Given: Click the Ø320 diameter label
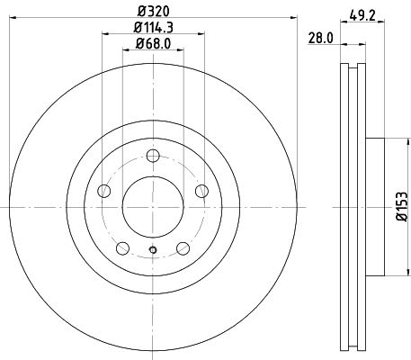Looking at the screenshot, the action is point(154,12).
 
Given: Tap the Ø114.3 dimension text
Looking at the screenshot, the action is point(154,28).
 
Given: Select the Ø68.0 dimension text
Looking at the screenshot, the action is point(153,44).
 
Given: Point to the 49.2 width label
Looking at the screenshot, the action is point(362,15).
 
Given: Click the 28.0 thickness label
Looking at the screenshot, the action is point(321,39).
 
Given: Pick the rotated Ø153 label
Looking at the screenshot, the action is point(402,207).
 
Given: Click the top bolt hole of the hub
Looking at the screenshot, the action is point(153,156).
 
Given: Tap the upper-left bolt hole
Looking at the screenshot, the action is point(104,191).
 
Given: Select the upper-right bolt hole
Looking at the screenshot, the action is point(201,191).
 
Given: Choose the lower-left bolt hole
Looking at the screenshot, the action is point(122,248).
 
